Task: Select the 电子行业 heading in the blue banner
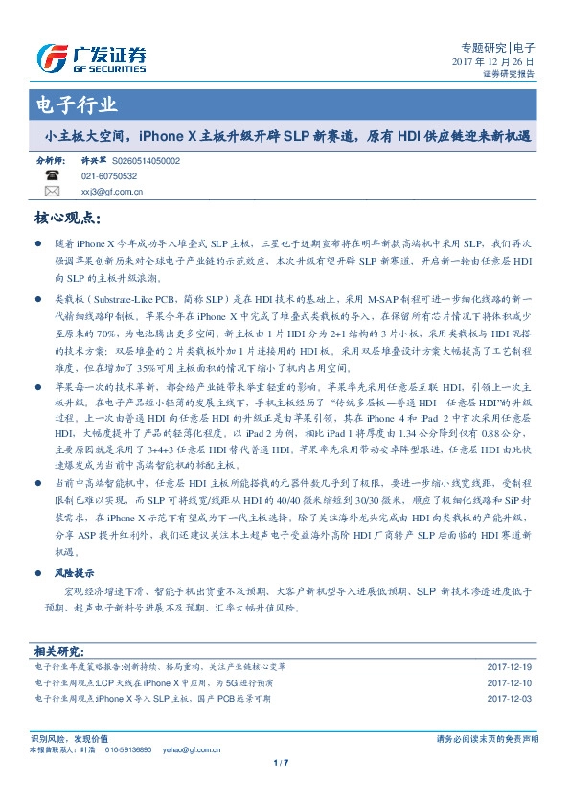[77, 105]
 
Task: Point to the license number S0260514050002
[146, 162]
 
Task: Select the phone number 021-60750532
[109, 176]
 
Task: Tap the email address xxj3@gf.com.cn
[112, 191]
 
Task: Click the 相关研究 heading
[59, 650]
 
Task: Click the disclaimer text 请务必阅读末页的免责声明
[487, 739]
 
